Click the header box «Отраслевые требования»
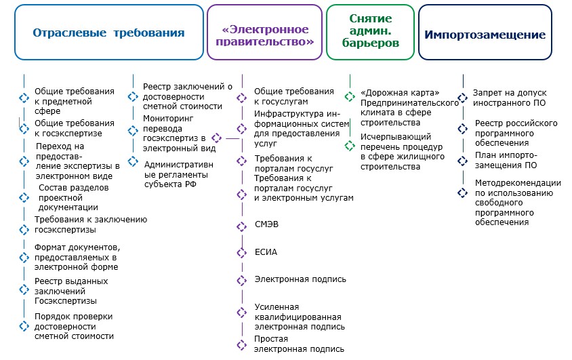(108, 33)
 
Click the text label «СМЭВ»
(266, 224)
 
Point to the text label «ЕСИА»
(266, 252)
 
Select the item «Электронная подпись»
(300, 279)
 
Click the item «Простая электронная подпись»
(299, 344)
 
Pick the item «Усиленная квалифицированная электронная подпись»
(298, 317)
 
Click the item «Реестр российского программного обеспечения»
(516, 134)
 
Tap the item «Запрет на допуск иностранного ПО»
(510, 98)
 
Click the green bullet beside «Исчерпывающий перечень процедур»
(350, 146)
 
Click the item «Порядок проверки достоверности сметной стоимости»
(74, 326)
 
